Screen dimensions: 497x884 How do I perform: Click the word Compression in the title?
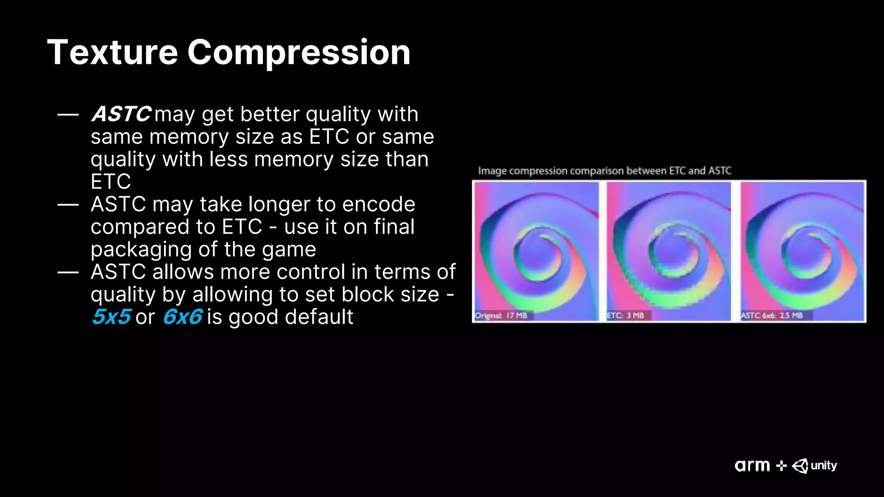299,53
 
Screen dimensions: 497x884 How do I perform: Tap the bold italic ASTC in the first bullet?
121,114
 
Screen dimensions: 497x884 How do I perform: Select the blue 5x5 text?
111,317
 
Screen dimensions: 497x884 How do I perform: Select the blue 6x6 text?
182,317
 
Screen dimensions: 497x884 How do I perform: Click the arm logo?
752,466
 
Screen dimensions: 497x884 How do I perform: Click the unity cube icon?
800,466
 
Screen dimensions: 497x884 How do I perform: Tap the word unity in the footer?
824,466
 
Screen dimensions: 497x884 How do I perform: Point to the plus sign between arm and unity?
781,466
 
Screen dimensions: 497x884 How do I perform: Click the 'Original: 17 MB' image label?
501,315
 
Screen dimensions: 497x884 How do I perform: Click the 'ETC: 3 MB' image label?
625,315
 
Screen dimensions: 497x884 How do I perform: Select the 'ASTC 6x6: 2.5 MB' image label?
771,315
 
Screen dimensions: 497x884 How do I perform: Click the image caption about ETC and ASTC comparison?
604,171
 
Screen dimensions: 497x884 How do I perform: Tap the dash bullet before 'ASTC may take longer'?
68,204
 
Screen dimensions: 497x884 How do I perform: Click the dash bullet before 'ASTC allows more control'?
68,272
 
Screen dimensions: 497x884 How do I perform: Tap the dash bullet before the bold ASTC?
68,115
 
